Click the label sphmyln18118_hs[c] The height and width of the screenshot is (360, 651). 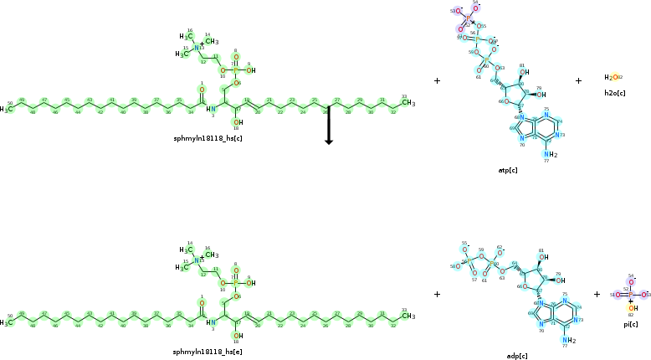tap(208, 136)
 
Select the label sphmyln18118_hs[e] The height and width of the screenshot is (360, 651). tap(208, 352)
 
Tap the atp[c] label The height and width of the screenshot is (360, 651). tap(508, 170)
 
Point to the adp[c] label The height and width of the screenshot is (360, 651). tap(516, 356)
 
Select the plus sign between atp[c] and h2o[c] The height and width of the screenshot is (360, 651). tap(578, 81)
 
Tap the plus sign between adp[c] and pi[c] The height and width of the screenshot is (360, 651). tap(597, 294)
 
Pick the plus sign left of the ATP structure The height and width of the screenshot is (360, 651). tap(437, 81)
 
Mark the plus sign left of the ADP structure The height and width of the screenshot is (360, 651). tap(437, 294)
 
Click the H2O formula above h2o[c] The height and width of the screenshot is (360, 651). tap(612, 77)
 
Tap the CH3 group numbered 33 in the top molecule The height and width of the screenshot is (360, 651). tap(408, 104)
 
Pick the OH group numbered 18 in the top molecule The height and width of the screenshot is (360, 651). tap(238, 122)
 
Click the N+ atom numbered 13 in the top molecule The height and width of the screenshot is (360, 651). tap(198, 47)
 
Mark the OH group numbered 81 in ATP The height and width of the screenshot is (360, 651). tap(523, 72)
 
